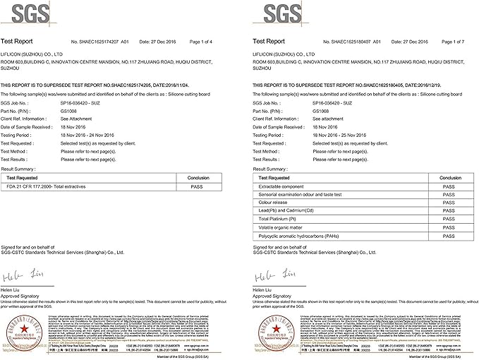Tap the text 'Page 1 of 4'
pos(209,42)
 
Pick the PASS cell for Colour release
pos(447,202)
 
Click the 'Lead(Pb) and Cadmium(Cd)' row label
pos(288,210)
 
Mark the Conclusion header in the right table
pos(447,178)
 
